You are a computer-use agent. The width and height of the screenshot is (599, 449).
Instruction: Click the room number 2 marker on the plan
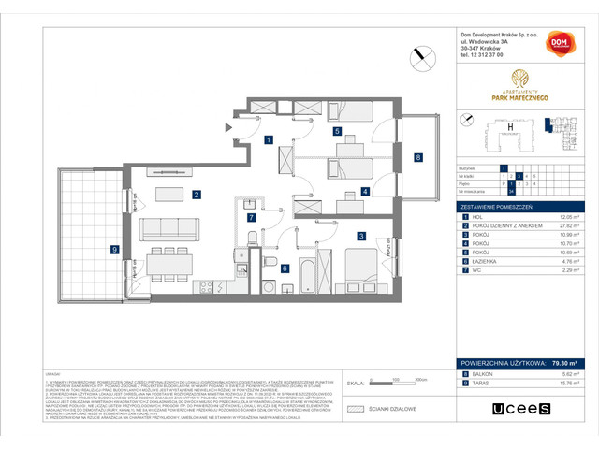(x=197, y=195)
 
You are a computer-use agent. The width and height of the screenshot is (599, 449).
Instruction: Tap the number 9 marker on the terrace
(x=114, y=249)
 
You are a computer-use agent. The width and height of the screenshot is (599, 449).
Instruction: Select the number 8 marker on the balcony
(x=417, y=157)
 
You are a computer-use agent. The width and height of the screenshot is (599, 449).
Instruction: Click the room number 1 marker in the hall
(x=268, y=140)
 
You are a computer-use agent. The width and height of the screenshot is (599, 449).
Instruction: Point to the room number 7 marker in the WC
(x=250, y=217)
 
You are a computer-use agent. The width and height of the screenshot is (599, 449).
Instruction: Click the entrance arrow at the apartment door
(x=226, y=126)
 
